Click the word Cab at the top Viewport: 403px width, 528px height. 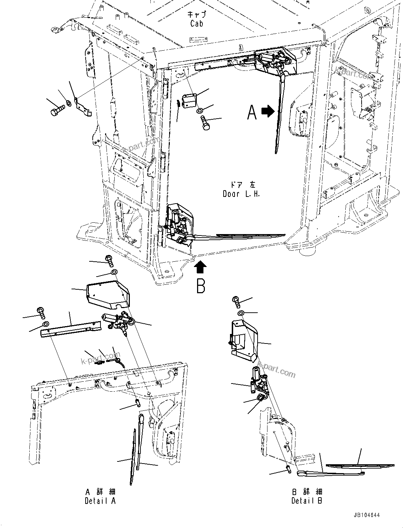click(x=196, y=24)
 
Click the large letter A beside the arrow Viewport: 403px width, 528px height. click(x=252, y=113)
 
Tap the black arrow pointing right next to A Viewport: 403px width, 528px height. click(x=268, y=112)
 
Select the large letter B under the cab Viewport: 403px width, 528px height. click(x=201, y=286)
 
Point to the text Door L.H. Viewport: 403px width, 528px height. click(x=241, y=194)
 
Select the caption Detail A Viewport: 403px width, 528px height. click(x=100, y=501)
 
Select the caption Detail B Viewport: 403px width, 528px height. click(x=306, y=501)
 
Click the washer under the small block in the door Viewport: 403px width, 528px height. click(x=200, y=112)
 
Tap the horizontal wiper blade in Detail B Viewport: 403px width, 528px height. click(x=359, y=466)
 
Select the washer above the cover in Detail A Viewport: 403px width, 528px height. click(x=114, y=272)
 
